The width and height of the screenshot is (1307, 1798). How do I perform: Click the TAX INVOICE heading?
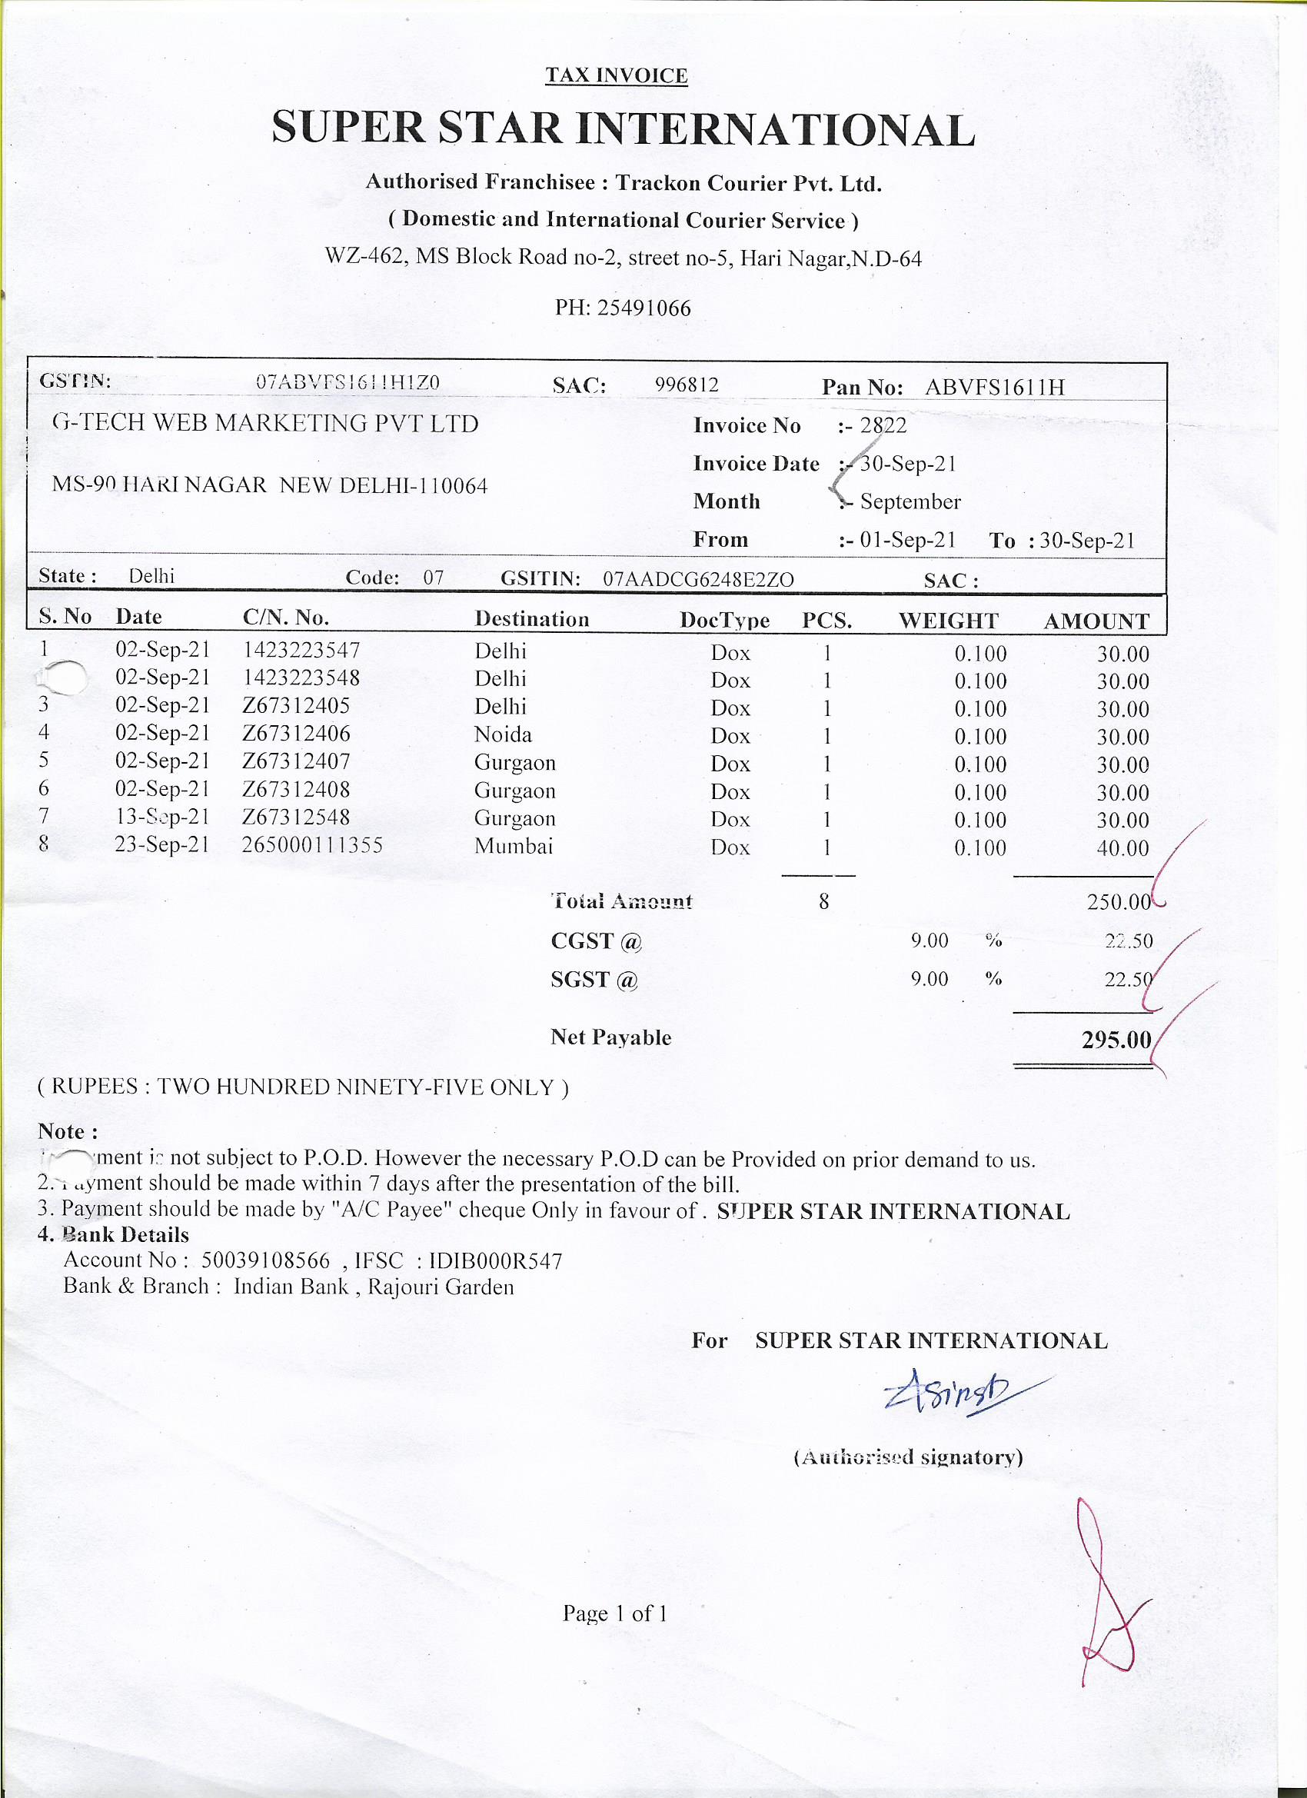[x=616, y=75]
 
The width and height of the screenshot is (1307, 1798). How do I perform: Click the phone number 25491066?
[x=643, y=308]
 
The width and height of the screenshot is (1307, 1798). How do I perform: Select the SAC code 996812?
[x=687, y=385]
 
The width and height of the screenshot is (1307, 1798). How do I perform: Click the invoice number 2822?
[x=883, y=426]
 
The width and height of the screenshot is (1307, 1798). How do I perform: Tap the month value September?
[x=910, y=501]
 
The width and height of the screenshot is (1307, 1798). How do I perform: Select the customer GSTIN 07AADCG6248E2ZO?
[x=697, y=579]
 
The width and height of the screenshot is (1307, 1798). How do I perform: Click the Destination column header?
[x=532, y=619]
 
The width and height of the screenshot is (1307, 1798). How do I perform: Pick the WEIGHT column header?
[x=948, y=621]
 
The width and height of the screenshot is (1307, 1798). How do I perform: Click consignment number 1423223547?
[x=301, y=650]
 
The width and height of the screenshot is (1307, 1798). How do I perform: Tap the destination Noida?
[x=503, y=734]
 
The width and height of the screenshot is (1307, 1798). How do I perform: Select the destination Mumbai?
[x=514, y=846]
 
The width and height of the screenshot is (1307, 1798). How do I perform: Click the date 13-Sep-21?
[x=161, y=817]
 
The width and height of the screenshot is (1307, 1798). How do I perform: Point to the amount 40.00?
[x=1122, y=848]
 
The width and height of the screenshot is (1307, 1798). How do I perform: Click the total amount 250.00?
[x=1119, y=901]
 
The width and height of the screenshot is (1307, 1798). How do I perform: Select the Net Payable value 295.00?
[x=1116, y=1038]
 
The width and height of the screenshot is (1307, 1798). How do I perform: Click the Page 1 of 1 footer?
[x=615, y=1613]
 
